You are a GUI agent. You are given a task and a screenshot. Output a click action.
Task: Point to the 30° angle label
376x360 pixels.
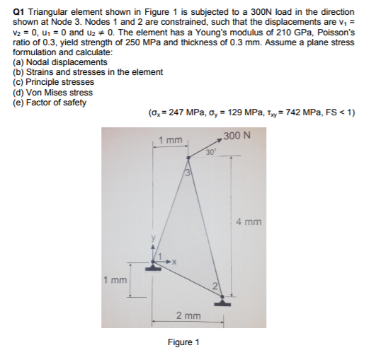pos(210,151)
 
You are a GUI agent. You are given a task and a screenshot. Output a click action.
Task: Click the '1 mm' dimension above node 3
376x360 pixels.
pos(171,140)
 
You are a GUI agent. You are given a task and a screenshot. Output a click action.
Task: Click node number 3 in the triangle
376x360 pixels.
pos(188,173)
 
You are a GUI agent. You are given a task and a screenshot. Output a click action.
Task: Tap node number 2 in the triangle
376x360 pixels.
pos(220,286)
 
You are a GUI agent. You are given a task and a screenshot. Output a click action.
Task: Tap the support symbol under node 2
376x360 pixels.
pos(223,302)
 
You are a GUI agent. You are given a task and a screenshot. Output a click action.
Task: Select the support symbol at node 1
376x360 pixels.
pos(153,268)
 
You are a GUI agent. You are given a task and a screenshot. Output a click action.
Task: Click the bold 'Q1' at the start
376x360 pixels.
pos(19,13)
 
